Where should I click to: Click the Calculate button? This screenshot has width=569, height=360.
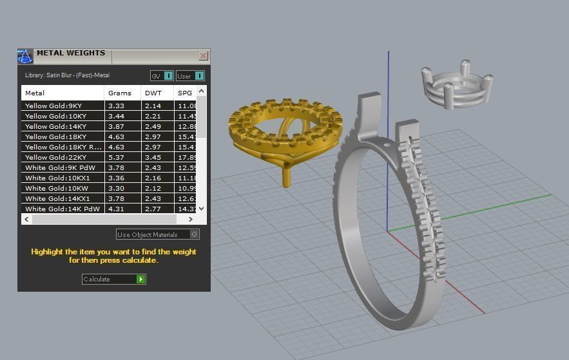114,279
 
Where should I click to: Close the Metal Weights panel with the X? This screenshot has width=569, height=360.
203,56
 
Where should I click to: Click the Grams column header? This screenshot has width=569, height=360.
120,93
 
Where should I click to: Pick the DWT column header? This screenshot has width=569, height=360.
153,93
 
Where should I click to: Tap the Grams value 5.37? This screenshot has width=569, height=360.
117,157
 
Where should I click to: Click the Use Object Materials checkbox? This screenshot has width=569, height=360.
195,234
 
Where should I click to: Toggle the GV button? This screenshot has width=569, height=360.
162,76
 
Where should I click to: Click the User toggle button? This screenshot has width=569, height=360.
190,76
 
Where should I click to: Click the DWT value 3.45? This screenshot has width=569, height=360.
153,157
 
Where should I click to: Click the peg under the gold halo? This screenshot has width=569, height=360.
286,175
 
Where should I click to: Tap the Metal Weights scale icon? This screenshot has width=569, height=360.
25,56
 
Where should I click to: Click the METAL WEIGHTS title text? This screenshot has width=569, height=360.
71,53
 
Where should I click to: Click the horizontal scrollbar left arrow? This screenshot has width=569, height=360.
26,220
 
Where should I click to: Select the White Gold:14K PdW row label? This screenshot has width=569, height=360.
63,209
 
